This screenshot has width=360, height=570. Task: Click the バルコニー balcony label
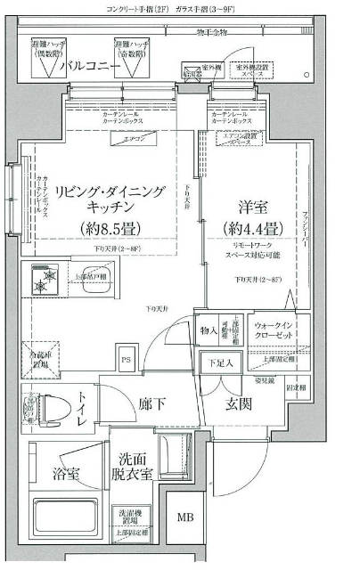[90, 67]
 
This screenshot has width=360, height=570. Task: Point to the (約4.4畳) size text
[252, 228]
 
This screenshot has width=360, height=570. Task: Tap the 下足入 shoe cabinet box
[220, 362]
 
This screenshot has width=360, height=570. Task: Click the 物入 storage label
[208, 332]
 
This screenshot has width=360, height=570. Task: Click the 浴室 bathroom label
[64, 473]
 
